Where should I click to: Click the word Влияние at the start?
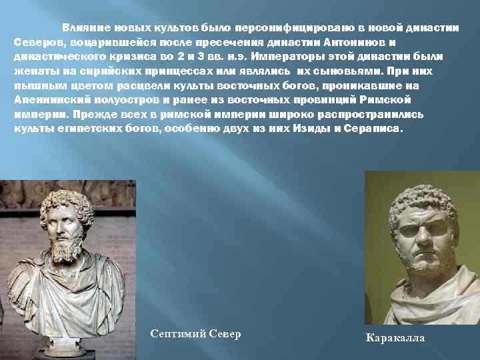(82, 27)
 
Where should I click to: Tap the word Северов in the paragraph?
(35, 42)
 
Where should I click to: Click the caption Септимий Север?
(195, 333)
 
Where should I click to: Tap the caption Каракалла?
(395, 338)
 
